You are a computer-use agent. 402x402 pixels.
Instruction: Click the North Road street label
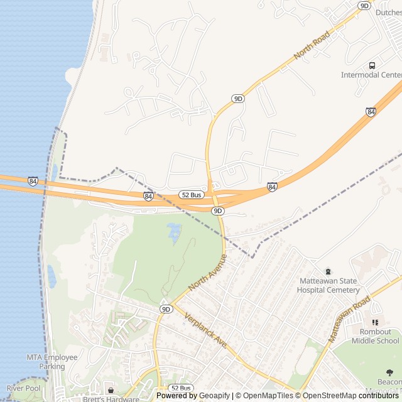click(312, 47)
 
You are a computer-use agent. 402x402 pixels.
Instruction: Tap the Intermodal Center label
click(371, 75)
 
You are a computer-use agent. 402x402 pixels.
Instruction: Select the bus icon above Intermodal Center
click(372, 65)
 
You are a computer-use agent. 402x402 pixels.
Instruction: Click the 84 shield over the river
click(33, 181)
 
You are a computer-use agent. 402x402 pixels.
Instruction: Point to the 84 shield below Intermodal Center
click(371, 112)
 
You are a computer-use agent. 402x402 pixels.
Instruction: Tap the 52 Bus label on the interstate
click(190, 195)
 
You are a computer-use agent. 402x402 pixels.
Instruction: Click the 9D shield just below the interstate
click(217, 211)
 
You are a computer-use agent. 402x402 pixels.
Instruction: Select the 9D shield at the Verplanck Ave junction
click(166, 309)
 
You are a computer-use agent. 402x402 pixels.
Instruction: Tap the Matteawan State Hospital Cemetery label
click(328, 286)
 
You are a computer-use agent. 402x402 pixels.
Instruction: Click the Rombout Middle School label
click(375, 336)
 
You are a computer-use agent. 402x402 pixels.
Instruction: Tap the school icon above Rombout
click(375, 322)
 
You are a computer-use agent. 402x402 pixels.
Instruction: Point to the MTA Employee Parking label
click(52, 362)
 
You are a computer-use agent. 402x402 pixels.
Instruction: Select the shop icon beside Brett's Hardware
click(111, 391)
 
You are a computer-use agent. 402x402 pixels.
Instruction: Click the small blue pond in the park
click(173, 234)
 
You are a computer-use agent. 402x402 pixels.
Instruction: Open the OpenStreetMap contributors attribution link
click(349, 396)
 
